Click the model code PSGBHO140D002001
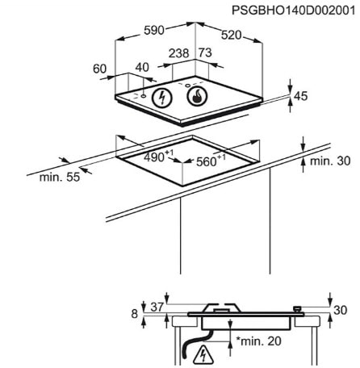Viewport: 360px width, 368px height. (294, 11)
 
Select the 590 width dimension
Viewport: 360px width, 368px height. (154, 30)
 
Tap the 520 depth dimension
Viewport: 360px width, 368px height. (232, 36)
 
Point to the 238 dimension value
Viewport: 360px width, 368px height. (179, 53)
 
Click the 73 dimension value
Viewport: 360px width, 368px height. (205, 52)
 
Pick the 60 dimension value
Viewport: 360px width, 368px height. (100, 69)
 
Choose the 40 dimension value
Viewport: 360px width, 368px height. (142, 67)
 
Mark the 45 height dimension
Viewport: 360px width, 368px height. (301, 96)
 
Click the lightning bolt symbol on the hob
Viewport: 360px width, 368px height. (162, 98)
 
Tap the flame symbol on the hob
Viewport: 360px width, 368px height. (197, 97)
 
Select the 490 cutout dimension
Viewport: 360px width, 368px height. (159, 157)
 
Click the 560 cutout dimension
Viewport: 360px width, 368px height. (211, 161)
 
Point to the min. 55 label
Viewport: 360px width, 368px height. (60, 178)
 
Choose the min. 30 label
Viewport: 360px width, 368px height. (330, 161)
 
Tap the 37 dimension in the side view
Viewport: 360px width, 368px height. (157, 307)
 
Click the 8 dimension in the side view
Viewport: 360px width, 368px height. (134, 314)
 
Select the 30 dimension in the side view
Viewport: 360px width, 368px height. (341, 310)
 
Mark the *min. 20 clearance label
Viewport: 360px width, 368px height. (259, 341)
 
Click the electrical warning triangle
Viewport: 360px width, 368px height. (203, 353)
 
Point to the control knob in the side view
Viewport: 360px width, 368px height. (297, 309)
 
